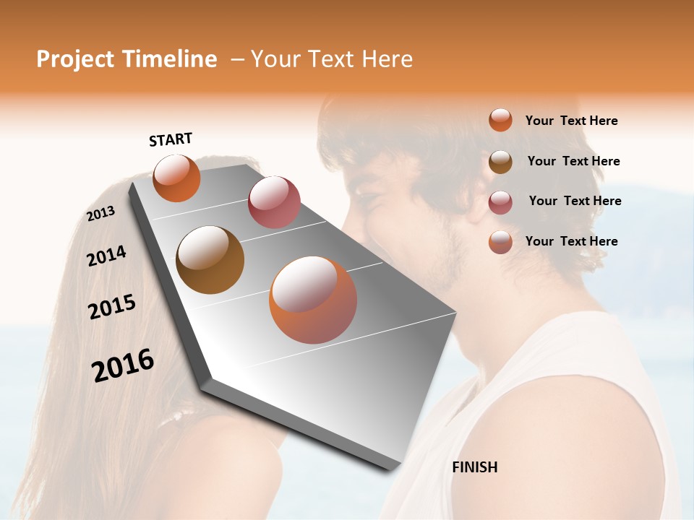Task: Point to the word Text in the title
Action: coord(333,59)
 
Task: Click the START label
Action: coord(171,139)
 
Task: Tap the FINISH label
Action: coord(474,467)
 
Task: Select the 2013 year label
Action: coord(100,214)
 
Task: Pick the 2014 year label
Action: coord(106,256)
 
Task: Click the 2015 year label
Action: coord(112,307)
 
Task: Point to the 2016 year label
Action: coord(123,365)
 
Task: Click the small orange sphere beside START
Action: coord(176,178)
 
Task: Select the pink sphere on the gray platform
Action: coord(274,202)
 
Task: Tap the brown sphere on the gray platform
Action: coord(210,259)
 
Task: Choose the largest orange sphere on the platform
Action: coord(313,300)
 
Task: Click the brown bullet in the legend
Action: coord(500,162)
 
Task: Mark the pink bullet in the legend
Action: coord(500,202)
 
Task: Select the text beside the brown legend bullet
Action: coord(573,161)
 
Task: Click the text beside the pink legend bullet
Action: coord(575,201)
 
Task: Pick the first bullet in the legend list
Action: coord(500,120)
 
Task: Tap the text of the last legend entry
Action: coord(571,241)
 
